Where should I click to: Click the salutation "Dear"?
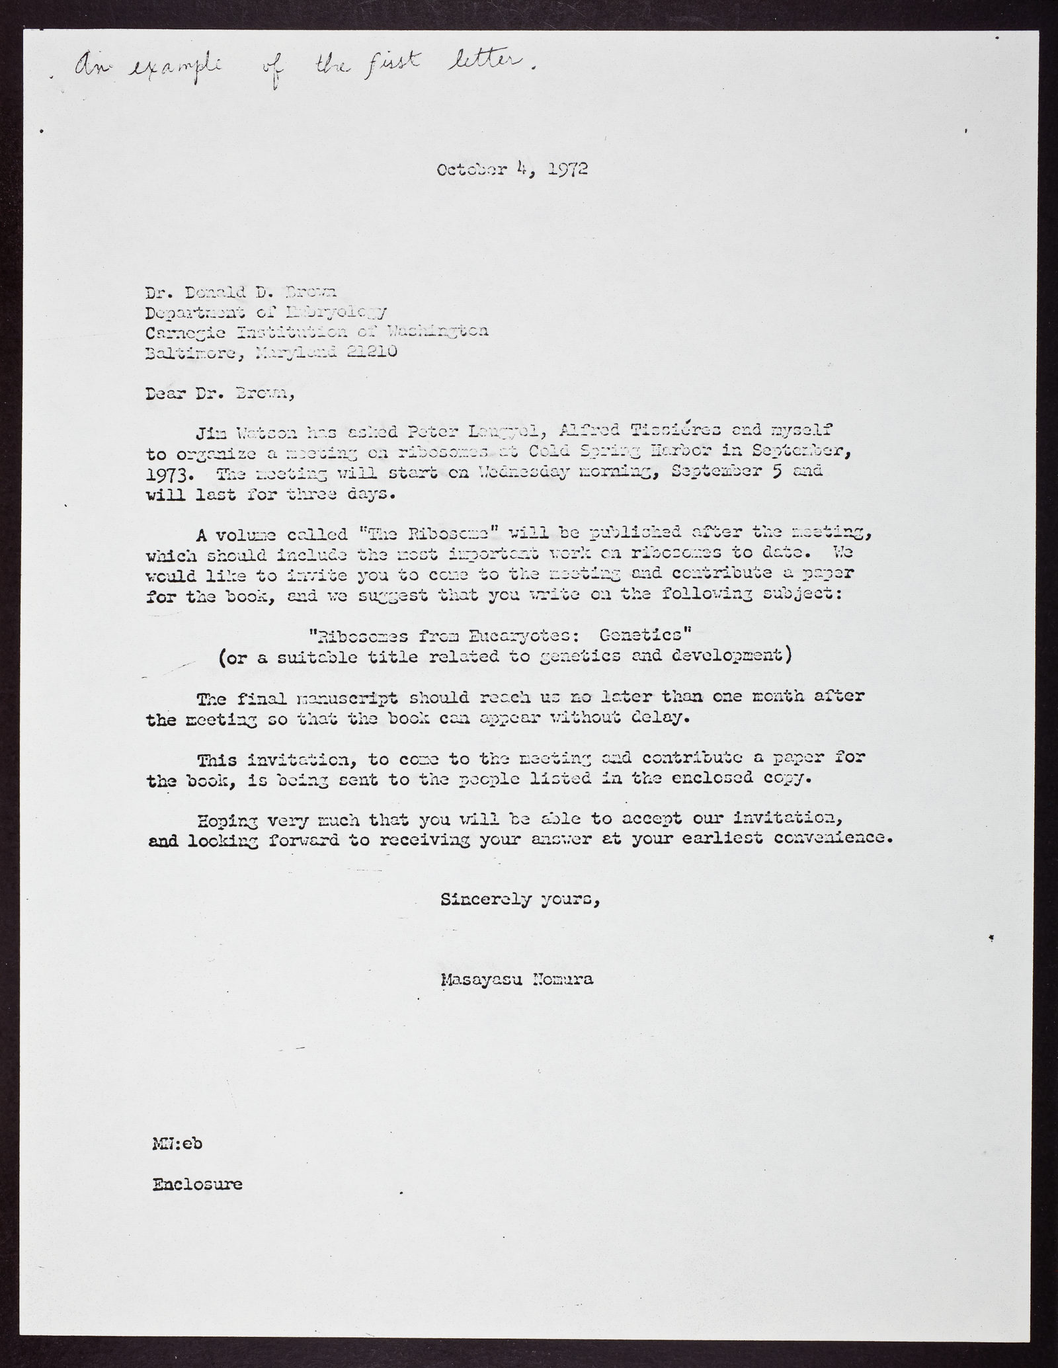pyautogui.click(x=165, y=395)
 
